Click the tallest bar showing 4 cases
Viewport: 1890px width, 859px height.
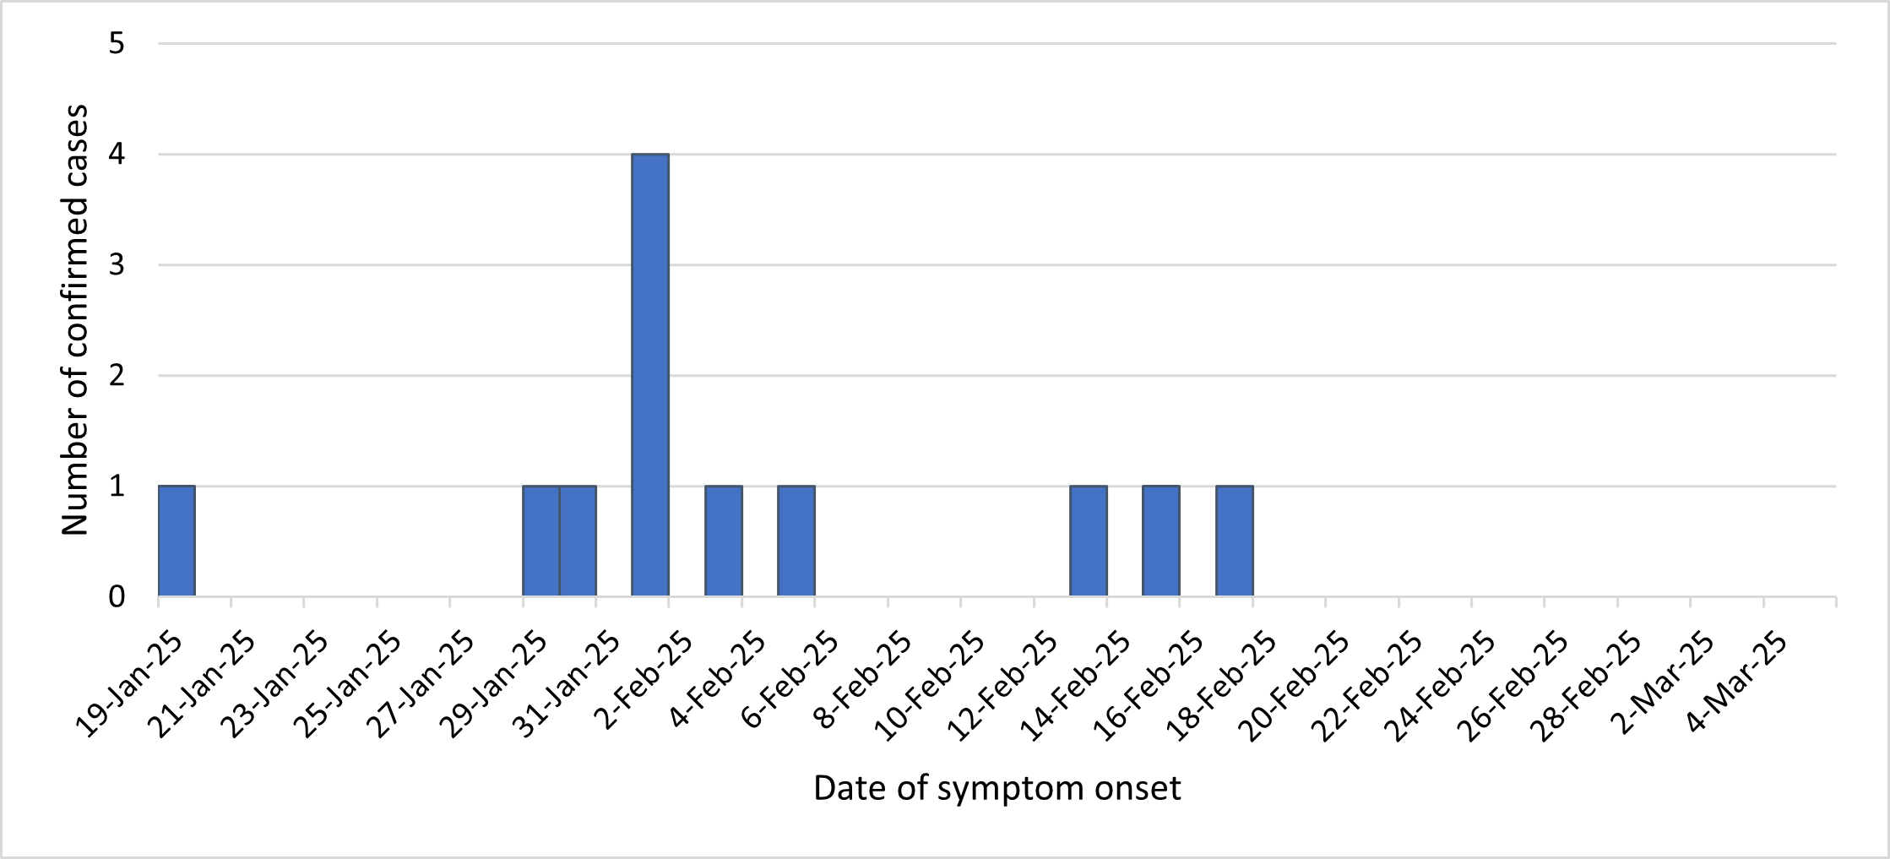pos(650,375)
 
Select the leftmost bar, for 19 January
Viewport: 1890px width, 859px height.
pos(177,541)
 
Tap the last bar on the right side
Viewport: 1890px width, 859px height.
pos(1235,541)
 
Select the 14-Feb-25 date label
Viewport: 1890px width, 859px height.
pos(1076,685)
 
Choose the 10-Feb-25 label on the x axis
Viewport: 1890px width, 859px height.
pos(930,687)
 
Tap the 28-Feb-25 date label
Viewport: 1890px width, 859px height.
pos(1588,685)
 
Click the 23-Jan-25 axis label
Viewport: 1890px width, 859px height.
pos(275,685)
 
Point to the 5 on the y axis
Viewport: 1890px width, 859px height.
pos(117,43)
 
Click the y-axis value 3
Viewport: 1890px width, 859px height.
pos(117,265)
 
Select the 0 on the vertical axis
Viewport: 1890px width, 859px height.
pos(117,597)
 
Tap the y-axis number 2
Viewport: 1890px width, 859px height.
pos(117,376)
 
